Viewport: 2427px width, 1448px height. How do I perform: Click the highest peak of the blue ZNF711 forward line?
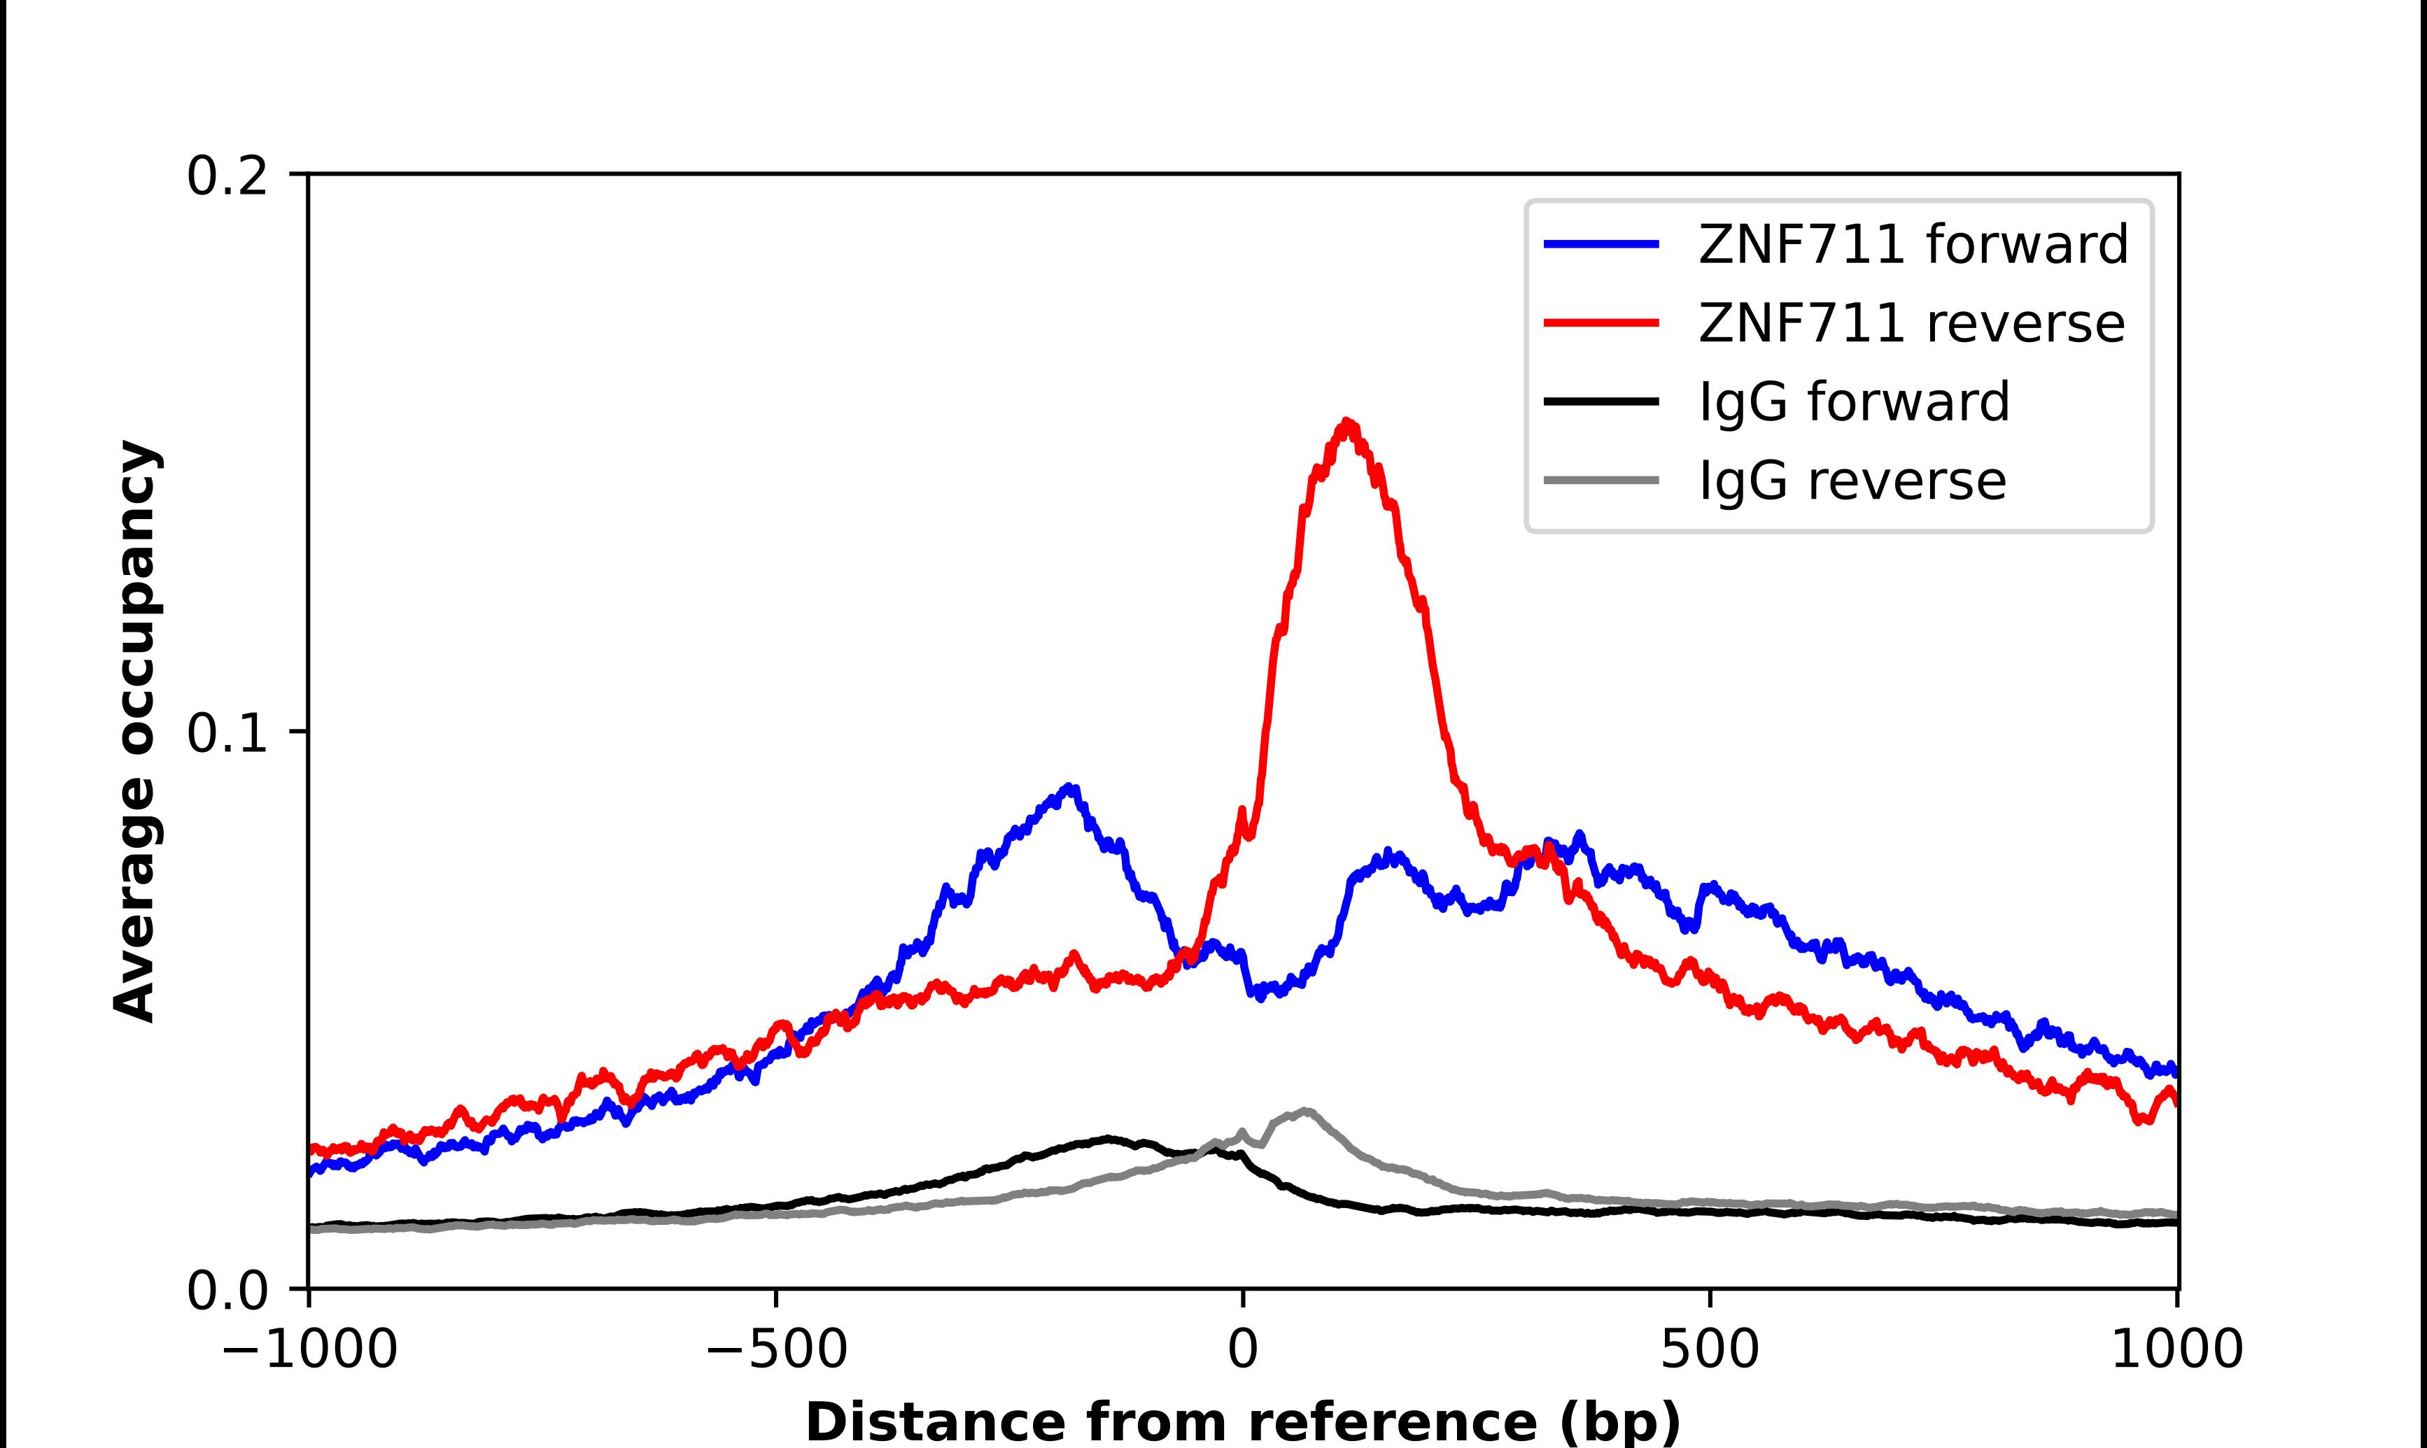coord(1071,786)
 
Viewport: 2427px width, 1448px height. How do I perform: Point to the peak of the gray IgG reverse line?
coord(1306,1110)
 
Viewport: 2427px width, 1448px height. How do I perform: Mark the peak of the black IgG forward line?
coord(1108,1137)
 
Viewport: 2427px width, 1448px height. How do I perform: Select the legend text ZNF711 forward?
coord(1913,244)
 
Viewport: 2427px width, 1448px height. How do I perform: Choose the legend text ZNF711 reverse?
coord(1911,323)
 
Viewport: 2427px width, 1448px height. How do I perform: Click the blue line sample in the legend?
coord(1601,244)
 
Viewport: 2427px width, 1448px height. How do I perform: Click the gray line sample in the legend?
coord(1601,480)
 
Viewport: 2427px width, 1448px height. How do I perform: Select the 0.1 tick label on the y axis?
coord(227,734)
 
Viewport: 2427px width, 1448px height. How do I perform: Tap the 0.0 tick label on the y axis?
coord(227,1291)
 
